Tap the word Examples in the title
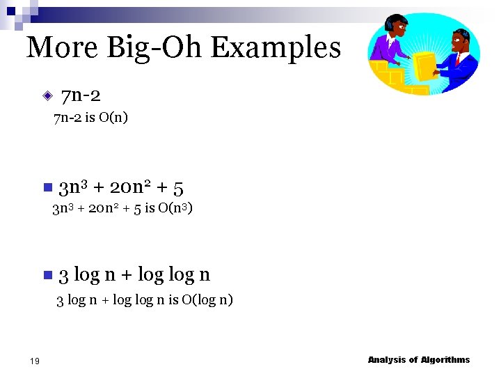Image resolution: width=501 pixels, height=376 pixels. [276, 47]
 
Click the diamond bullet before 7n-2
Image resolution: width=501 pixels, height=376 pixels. [47, 95]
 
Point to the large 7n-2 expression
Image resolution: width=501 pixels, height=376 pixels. [81, 95]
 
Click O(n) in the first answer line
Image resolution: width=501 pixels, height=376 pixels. [113, 118]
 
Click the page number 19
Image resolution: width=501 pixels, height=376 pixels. [35, 360]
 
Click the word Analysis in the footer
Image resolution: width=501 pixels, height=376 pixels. [387, 360]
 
